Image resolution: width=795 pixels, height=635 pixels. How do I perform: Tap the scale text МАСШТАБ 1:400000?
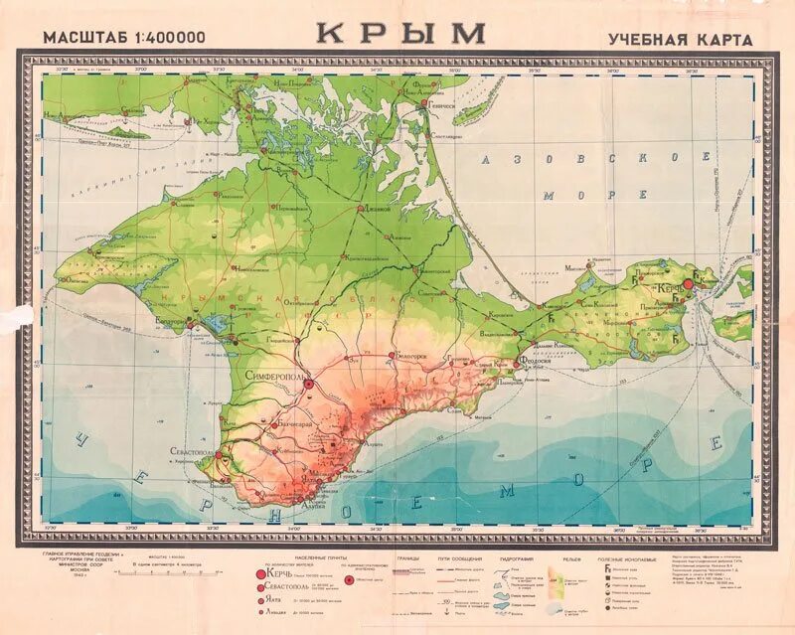point(125,38)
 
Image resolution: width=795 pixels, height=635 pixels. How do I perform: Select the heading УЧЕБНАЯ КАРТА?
point(680,39)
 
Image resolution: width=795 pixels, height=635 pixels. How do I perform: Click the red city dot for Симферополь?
point(308,383)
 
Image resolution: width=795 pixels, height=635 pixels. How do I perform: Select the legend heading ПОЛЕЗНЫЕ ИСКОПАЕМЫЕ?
point(624,559)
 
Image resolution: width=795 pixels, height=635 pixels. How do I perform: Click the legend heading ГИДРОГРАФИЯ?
point(521,558)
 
